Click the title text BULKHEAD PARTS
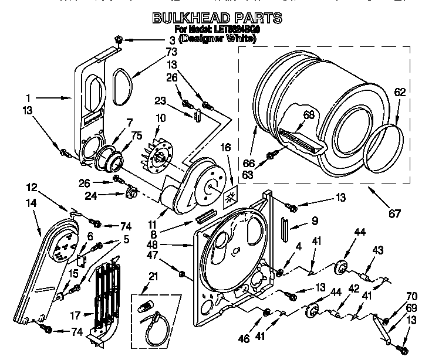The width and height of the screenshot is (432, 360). tap(217, 18)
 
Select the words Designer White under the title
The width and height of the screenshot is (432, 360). tap(217, 39)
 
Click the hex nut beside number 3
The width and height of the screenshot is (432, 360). tap(117, 39)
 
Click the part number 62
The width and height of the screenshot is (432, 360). tap(399, 91)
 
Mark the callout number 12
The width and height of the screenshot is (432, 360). tap(32, 188)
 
